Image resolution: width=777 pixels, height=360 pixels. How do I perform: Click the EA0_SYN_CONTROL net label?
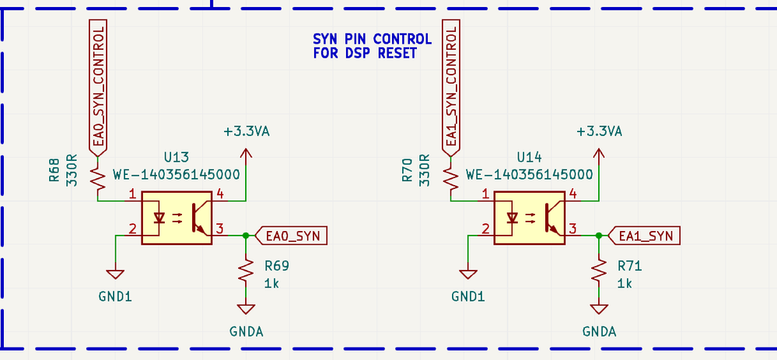(x=99, y=86)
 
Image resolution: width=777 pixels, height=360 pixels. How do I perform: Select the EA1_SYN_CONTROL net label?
(x=452, y=86)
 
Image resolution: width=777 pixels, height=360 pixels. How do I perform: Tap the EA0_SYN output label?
(x=292, y=235)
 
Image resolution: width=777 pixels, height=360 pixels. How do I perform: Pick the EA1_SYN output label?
(x=646, y=235)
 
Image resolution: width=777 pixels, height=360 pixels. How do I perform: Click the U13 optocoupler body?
(x=177, y=219)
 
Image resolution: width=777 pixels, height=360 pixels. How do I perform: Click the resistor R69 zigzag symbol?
(x=247, y=270)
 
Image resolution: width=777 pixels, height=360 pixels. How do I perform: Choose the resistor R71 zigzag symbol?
(x=600, y=270)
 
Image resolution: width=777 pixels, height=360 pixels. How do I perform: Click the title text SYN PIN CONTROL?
(x=372, y=39)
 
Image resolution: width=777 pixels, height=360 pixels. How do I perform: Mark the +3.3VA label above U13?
(x=246, y=131)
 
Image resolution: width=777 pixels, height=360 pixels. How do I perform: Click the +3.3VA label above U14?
(x=599, y=131)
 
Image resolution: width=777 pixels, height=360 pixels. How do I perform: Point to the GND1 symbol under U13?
(x=116, y=273)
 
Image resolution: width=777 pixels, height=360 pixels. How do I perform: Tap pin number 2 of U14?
(x=485, y=229)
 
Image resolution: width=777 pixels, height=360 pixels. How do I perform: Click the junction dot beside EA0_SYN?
(x=247, y=235)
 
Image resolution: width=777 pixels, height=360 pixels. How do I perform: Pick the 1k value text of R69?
(x=271, y=283)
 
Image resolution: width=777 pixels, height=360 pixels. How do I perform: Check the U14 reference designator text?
(x=529, y=157)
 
